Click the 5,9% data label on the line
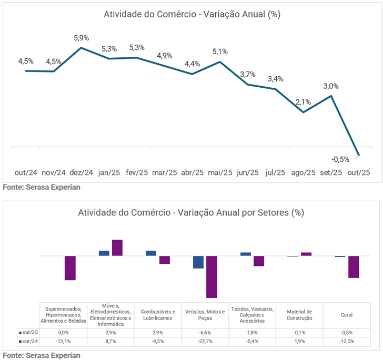[81, 38]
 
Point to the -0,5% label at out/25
[340, 159]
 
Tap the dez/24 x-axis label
[81, 172]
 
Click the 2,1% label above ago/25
[303, 102]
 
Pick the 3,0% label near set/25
[331, 86]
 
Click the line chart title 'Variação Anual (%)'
[191, 14]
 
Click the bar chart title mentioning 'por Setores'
[191, 213]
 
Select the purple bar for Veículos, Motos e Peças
[211, 276]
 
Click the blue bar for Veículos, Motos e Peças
[198, 262]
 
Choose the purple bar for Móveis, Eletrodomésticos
[117, 248]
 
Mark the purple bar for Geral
[354, 266]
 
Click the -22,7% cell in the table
[205, 342]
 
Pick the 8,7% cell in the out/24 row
[110, 342]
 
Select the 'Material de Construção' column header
[299, 315]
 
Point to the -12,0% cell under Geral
[346, 342]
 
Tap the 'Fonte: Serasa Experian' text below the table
[42, 355]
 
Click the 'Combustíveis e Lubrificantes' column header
[157, 315]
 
